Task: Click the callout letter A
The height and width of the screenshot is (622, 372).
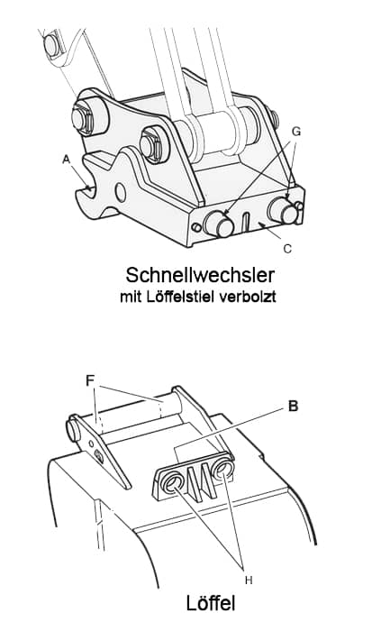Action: click(66, 160)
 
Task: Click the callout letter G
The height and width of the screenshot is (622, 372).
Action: click(296, 132)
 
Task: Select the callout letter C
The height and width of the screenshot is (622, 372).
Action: click(287, 249)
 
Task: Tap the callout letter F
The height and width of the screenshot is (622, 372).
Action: click(90, 380)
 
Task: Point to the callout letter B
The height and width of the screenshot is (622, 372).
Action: click(293, 407)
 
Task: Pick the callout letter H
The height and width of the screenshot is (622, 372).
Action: click(249, 581)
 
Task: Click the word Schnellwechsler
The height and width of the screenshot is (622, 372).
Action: click(200, 275)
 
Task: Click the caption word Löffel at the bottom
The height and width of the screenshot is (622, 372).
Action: click(211, 603)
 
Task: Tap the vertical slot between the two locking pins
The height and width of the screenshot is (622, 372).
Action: click(246, 222)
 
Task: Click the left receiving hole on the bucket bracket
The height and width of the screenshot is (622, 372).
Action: click(172, 483)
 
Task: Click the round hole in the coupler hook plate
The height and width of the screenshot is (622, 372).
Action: click(121, 192)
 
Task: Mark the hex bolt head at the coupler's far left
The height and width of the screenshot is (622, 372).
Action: click(83, 118)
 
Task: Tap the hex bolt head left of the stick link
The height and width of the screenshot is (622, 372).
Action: click(151, 145)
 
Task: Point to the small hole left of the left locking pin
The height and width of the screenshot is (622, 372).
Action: click(196, 228)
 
